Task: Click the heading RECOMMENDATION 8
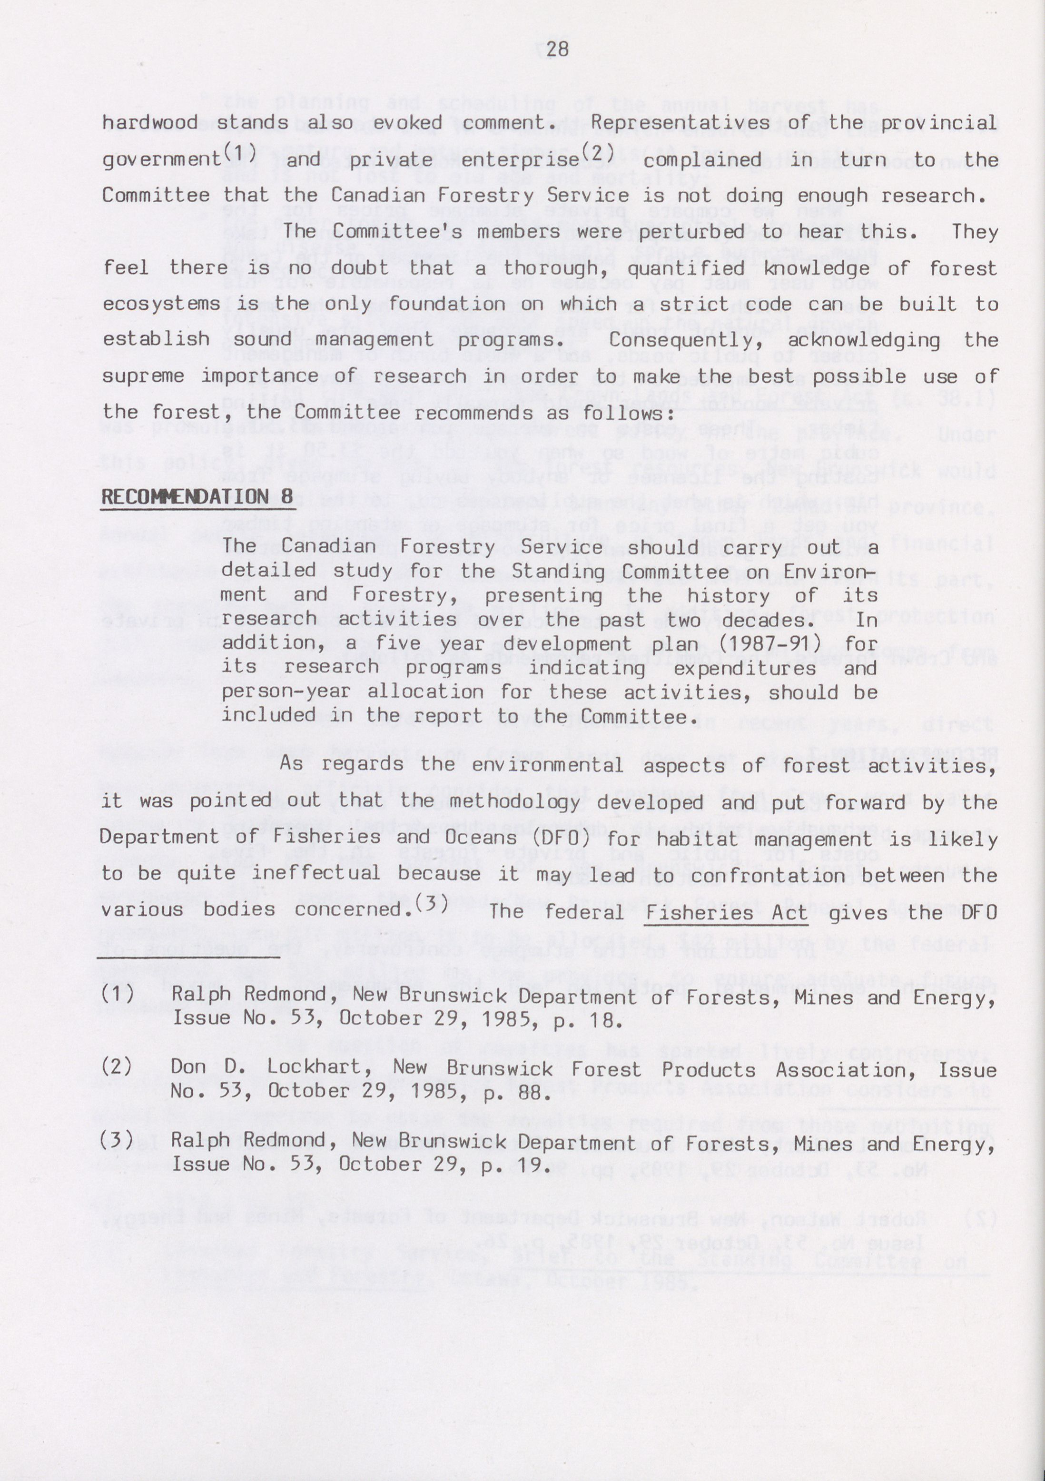pos(197,497)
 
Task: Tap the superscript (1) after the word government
pos(239,152)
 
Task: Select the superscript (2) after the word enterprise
pos(597,152)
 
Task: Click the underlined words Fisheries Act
pos(726,913)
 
